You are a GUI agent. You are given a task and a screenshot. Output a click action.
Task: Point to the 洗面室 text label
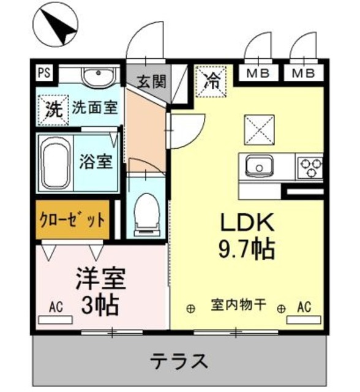[x=94, y=108]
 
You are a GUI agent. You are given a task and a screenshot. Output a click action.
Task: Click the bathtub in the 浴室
[x=56, y=162]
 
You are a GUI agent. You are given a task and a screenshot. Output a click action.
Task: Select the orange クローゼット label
[x=72, y=219]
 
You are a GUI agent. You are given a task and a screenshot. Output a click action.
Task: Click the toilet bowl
[x=145, y=211]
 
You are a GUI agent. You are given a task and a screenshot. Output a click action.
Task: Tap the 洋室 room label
[x=100, y=279]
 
